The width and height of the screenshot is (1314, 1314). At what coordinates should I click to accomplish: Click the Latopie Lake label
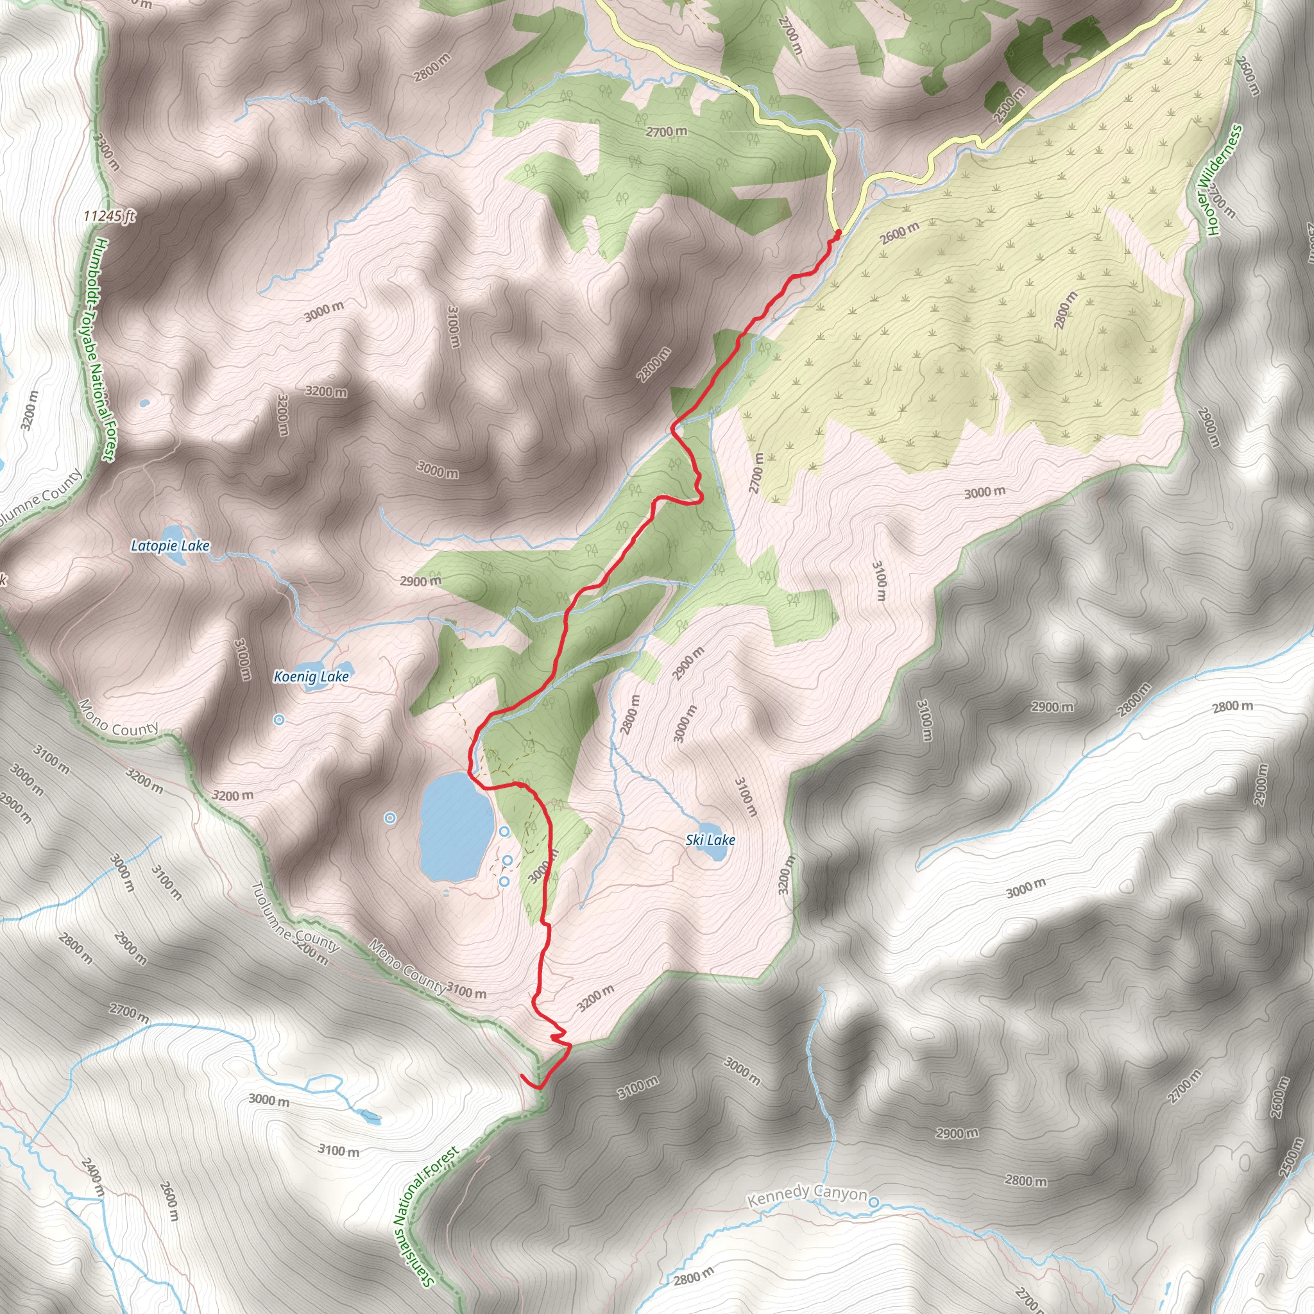[170, 545]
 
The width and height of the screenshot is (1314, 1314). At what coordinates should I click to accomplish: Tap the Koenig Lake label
[311, 676]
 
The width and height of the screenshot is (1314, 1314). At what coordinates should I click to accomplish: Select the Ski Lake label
[710, 840]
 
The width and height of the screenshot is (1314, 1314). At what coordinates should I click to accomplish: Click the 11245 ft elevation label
[110, 216]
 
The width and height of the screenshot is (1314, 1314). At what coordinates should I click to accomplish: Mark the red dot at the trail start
[838, 233]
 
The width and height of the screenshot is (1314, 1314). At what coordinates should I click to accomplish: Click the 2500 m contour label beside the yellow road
[1009, 105]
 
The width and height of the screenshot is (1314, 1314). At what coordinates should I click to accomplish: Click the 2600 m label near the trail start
[899, 233]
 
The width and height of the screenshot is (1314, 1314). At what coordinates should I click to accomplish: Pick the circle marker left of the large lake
[389, 818]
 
